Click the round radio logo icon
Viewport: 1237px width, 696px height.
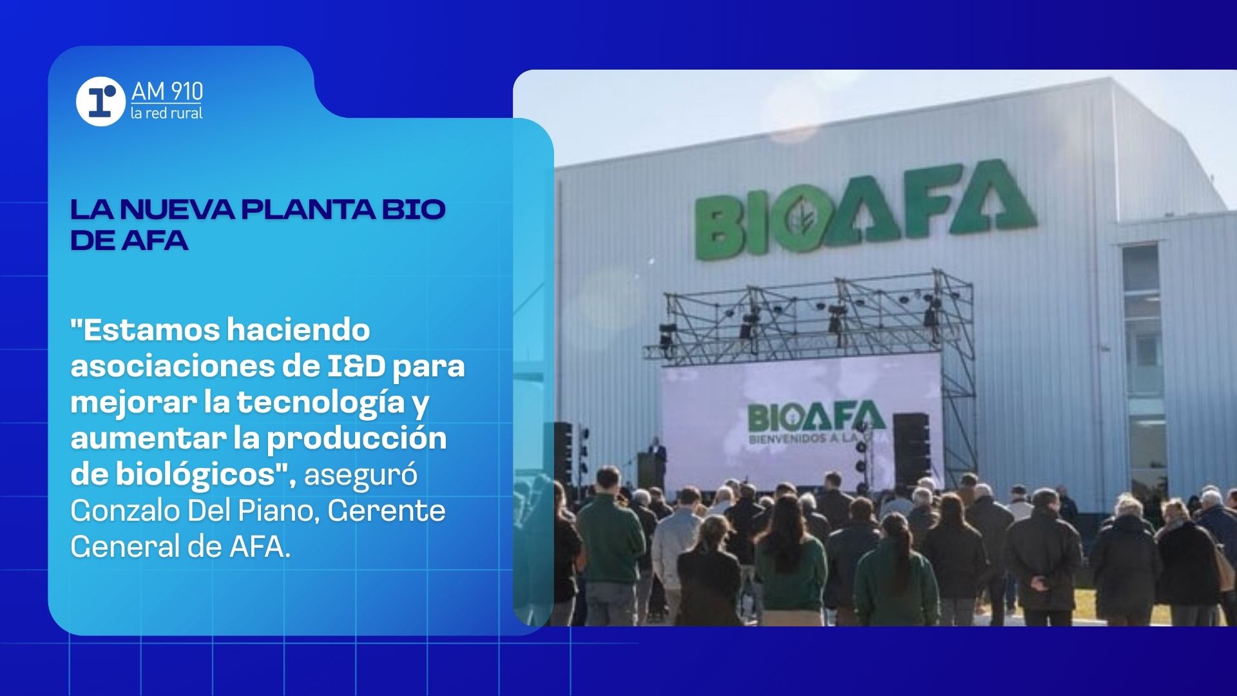101,102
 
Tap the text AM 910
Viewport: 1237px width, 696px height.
167,92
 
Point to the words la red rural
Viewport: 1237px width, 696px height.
166,113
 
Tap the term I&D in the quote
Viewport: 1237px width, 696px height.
356,366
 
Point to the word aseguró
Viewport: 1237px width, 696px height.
360,476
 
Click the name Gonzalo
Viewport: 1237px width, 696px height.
125,511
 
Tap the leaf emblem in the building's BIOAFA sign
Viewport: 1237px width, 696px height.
802,218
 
